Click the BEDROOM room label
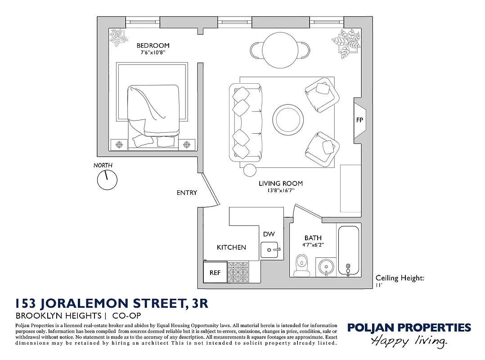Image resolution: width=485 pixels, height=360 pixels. coord(153,45)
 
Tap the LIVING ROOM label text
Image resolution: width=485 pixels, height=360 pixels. coord(280,184)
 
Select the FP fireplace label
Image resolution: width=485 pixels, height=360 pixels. coord(359,120)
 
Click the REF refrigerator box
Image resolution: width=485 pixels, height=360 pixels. coord(215,273)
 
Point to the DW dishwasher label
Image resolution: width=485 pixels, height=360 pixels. coord(269,234)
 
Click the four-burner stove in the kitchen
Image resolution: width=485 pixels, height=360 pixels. coord(238,272)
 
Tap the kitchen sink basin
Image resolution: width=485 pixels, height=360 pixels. coord(270,249)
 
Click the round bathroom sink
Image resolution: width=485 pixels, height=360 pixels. coord(326,267)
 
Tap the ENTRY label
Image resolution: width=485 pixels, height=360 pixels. coord(187,193)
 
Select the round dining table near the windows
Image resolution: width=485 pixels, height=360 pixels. coord(280,50)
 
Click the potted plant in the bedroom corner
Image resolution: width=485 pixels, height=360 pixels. coord(118,38)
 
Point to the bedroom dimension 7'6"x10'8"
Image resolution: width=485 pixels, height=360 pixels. coord(153,52)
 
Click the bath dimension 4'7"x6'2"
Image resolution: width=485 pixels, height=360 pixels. coord(313,245)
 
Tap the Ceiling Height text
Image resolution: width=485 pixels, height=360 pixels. coord(400,278)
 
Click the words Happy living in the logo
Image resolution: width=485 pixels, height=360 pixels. coord(409,341)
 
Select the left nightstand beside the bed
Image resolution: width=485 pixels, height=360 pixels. coord(119,144)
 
